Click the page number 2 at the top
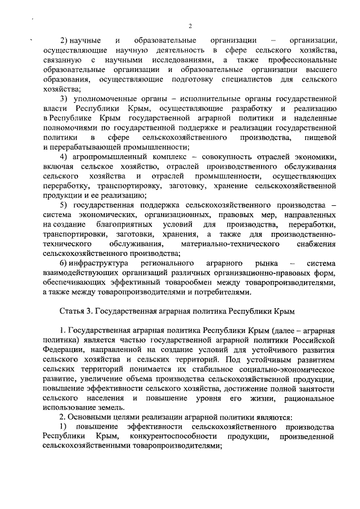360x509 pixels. (x=190, y=26)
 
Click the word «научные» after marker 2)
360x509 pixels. (x=85, y=41)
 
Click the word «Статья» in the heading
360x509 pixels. (x=71, y=311)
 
